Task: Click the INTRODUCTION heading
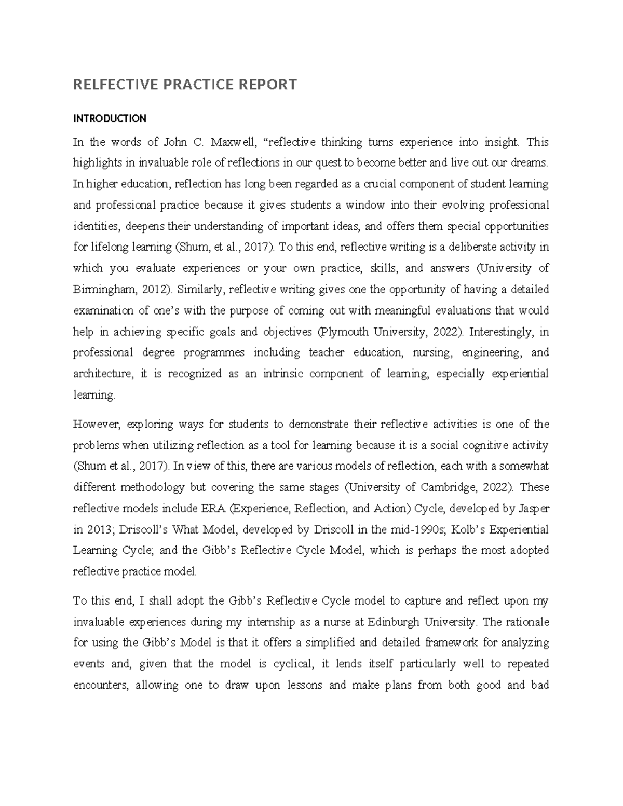click(x=110, y=119)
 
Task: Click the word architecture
click(x=102, y=374)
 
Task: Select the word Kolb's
click(x=469, y=529)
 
